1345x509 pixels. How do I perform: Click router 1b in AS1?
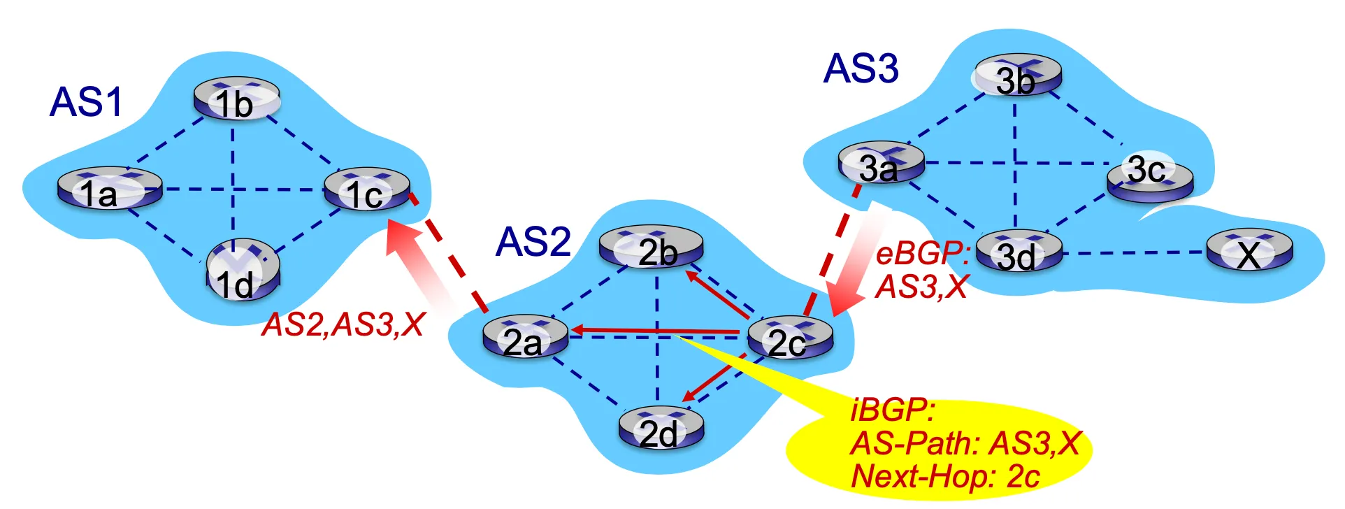pos(236,99)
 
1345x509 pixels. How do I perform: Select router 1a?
pos(109,188)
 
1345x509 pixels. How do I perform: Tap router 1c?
pos(367,189)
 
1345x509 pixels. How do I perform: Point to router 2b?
pos(651,247)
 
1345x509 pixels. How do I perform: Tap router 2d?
pos(661,428)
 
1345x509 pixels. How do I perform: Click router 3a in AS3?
pos(881,164)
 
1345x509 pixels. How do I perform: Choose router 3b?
pos(1018,76)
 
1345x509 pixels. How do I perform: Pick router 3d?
pos(1019,251)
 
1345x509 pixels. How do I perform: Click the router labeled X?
pos(1249,251)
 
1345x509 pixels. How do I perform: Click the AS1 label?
pos(86,102)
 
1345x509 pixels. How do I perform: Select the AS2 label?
pos(533,242)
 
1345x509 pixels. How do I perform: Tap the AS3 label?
pos(861,69)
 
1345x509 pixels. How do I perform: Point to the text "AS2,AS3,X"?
pos(343,325)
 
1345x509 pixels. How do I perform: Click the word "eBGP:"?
pos(922,253)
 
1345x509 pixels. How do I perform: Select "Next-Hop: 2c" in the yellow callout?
pos(945,477)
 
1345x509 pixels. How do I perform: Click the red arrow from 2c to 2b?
pos(718,294)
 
